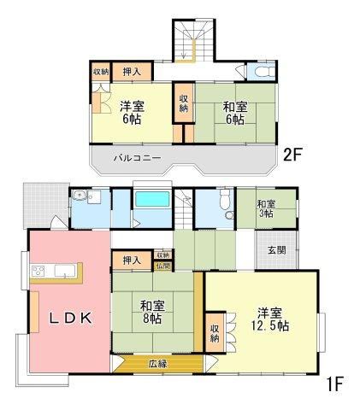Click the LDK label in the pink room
(x=71, y=318)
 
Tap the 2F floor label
(x=292, y=155)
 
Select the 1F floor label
(x=335, y=384)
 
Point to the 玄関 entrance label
(x=277, y=250)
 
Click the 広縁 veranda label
(x=157, y=364)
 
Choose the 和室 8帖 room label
(x=152, y=313)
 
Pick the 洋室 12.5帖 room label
(x=269, y=319)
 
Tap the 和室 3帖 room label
(x=266, y=208)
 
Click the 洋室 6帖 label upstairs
(x=132, y=113)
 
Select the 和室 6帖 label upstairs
(x=235, y=113)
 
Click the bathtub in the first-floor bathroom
(x=152, y=199)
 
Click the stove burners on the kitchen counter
(x=38, y=271)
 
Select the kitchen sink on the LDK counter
(x=65, y=271)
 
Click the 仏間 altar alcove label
(x=162, y=266)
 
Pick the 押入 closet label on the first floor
(x=132, y=261)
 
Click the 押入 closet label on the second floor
(x=132, y=72)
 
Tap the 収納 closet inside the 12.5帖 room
(x=215, y=333)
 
